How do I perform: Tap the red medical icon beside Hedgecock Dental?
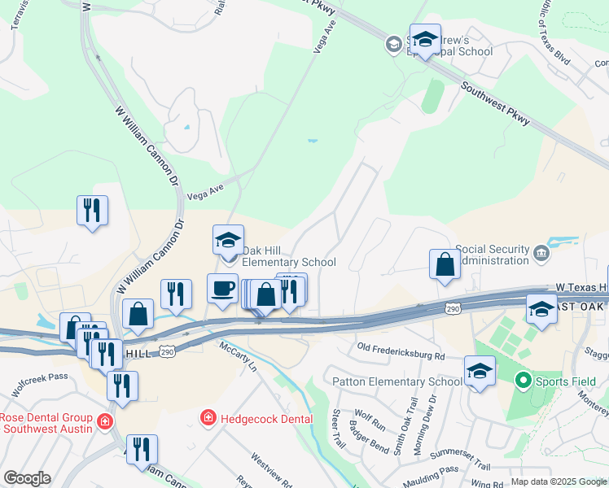(209, 418)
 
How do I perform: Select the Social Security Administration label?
(493, 255)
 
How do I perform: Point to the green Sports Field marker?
(522, 380)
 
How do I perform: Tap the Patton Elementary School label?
(397, 381)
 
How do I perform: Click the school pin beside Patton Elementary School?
(480, 372)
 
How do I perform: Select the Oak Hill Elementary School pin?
(229, 240)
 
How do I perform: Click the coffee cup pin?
(222, 289)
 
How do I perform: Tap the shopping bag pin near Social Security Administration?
(445, 264)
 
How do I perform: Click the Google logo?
(27, 478)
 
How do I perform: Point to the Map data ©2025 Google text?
(559, 481)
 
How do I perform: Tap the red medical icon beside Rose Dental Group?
(104, 421)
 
